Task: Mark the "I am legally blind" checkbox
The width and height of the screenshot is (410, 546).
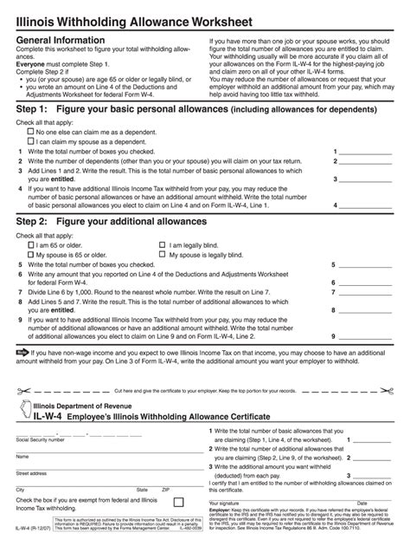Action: click(163, 245)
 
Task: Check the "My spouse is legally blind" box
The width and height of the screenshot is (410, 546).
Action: click(163, 255)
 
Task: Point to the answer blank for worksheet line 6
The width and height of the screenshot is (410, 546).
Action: click(364, 283)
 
